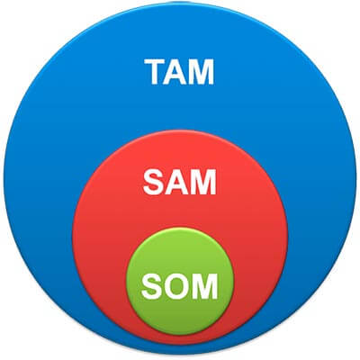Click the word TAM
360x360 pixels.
pyautogui.click(x=179, y=72)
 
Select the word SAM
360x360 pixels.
pyautogui.click(x=180, y=182)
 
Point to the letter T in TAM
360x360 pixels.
pyautogui.click(x=156, y=72)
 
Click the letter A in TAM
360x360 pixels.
pyautogui.click(x=176, y=72)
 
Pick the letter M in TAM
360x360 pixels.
pyautogui.click(x=202, y=72)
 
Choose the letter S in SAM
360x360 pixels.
pyautogui.click(x=154, y=182)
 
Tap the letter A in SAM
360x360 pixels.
pyautogui.click(x=177, y=182)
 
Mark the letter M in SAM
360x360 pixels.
pyautogui.click(x=204, y=182)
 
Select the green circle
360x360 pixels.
pyautogui.click(x=180, y=282)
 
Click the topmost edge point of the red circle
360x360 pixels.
pyautogui.click(x=180, y=130)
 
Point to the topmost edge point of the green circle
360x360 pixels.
pyautogui.click(x=180, y=228)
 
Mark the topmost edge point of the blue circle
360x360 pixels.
pyautogui.click(x=180, y=3)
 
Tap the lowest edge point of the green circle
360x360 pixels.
pyautogui.click(x=180, y=336)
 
